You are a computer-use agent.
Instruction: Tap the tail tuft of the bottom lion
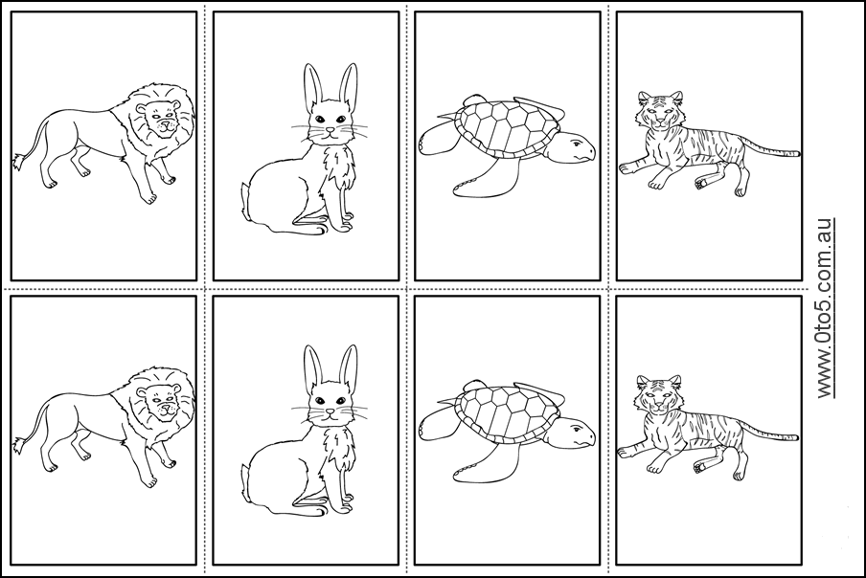click(x=18, y=444)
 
